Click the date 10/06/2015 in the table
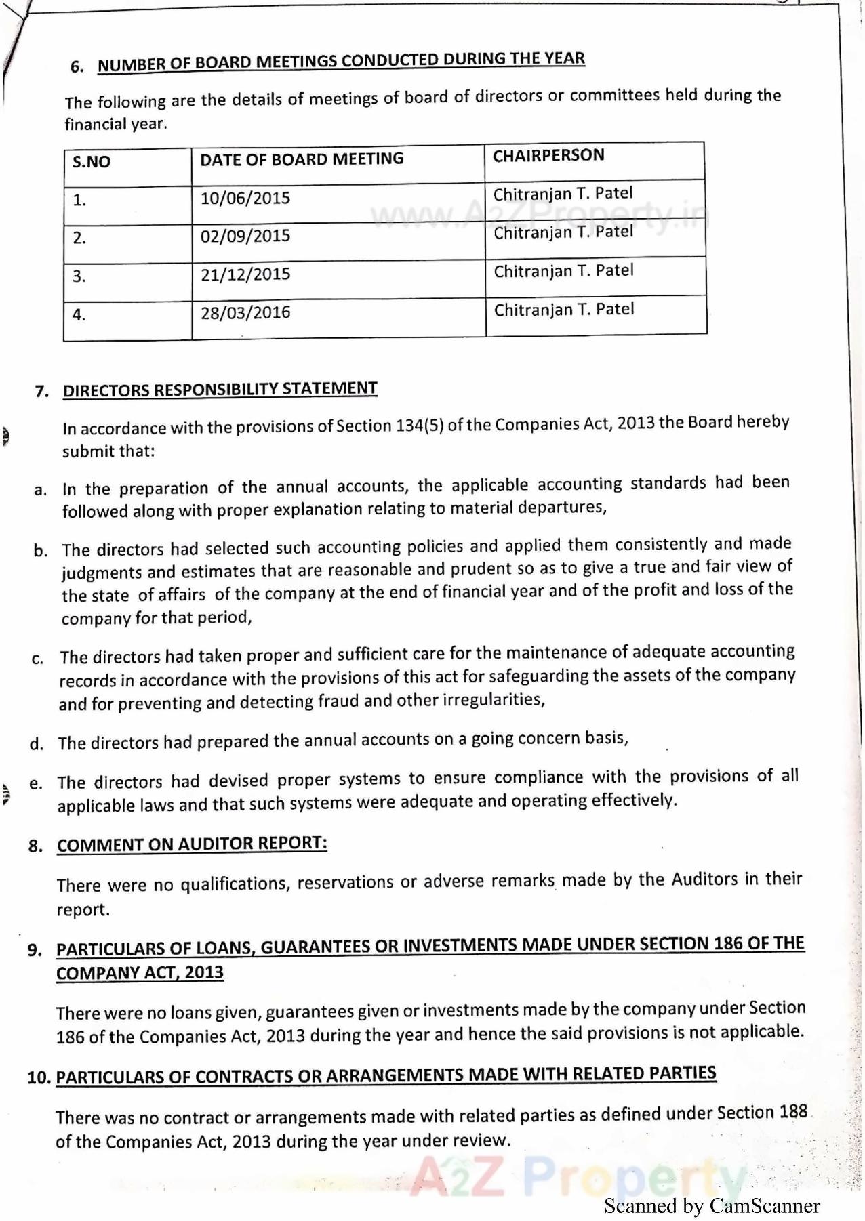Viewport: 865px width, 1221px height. (245, 199)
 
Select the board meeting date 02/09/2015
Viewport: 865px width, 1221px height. (245, 236)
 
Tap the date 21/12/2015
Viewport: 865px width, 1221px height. (245, 274)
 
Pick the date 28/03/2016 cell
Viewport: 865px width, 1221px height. (245, 313)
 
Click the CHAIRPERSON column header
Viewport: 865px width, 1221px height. (548, 156)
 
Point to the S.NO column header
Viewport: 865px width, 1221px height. (92, 162)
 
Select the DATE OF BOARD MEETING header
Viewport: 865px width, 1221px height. (302, 159)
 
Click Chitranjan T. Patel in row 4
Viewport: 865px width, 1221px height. (564, 310)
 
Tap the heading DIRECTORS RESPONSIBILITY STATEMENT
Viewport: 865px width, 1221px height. (220, 390)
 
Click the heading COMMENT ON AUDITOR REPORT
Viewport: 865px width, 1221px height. (192, 844)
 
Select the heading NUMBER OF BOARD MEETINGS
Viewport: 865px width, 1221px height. (341, 61)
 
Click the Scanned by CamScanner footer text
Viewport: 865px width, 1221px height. (712, 1206)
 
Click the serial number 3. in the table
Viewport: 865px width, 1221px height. (79, 276)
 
